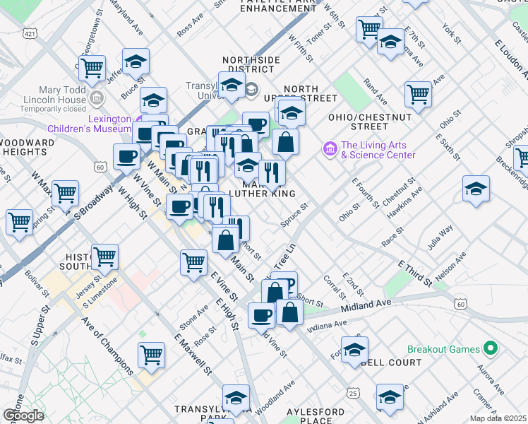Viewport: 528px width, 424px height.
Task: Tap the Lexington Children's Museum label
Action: [90, 124]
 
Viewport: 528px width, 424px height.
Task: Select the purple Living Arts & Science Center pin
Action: [329, 149]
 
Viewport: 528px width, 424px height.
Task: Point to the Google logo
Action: [23, 416]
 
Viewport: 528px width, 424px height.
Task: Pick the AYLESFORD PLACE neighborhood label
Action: [316, 416]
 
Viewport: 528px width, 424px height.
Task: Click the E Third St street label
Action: [415, 273]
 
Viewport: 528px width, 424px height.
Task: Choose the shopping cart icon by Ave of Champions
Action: [150, 355]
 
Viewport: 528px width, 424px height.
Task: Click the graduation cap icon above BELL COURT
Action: [354, 349]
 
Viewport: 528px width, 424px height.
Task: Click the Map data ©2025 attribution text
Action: [498, 418]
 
